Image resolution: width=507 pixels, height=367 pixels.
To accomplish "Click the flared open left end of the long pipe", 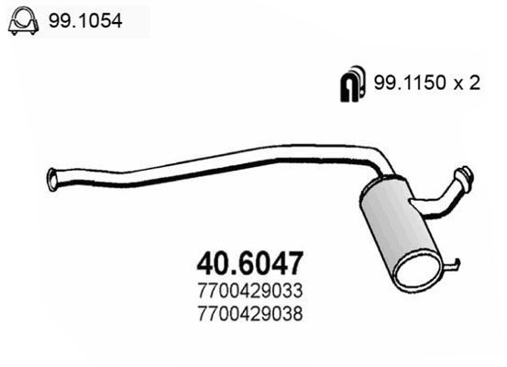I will (x=54, y=178).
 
